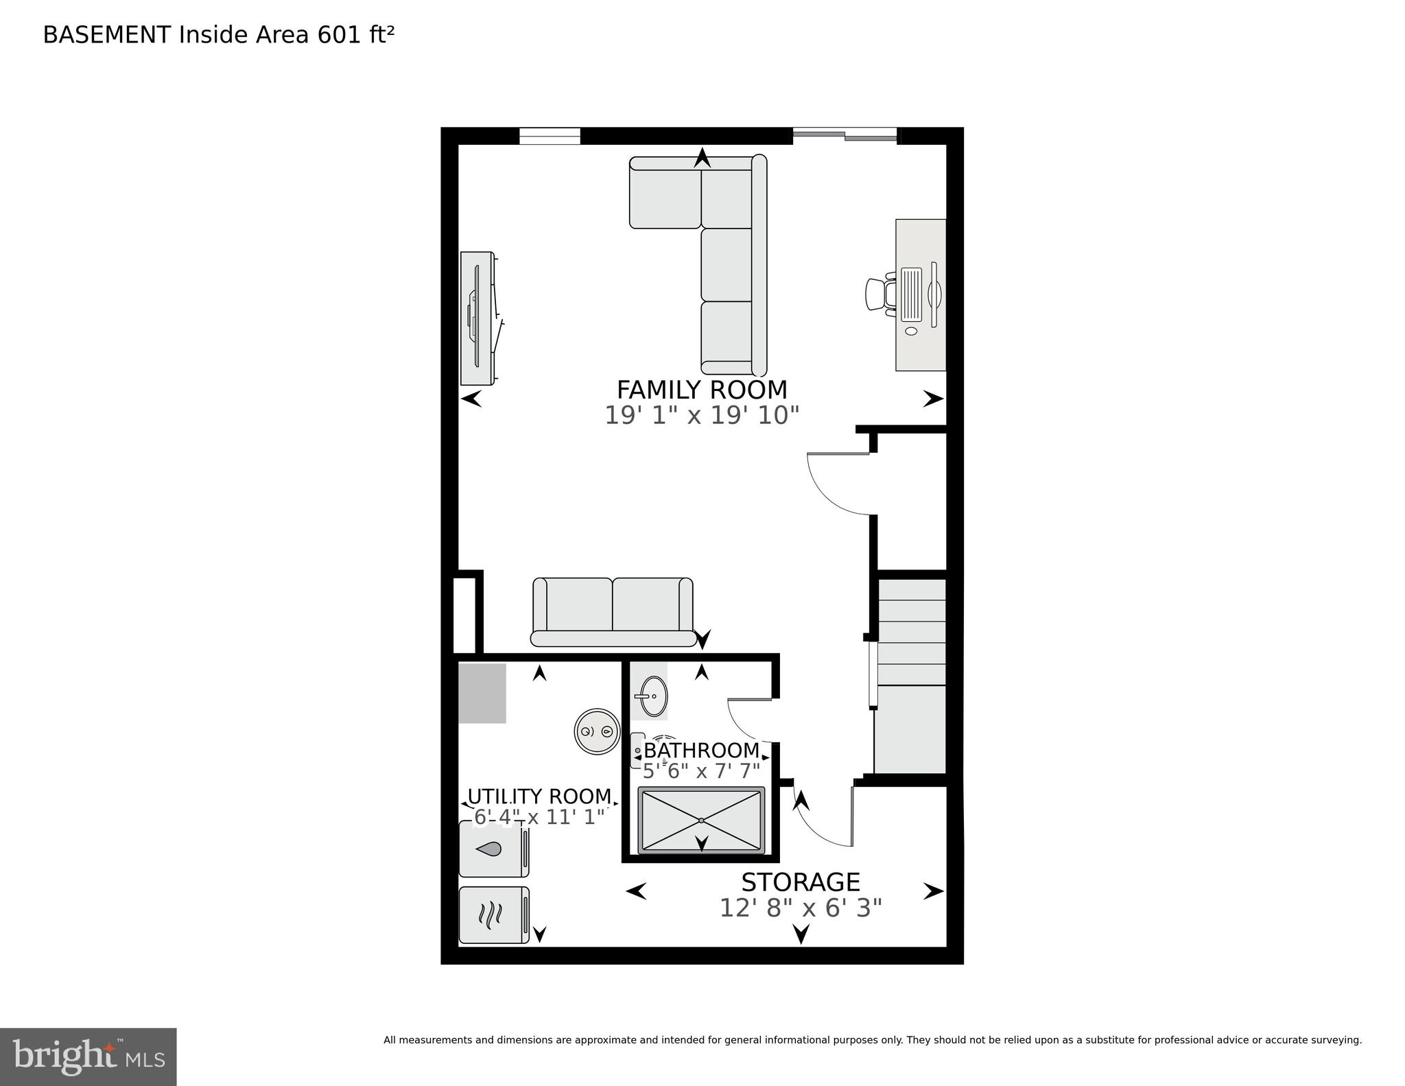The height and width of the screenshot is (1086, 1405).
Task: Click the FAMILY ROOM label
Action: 701,390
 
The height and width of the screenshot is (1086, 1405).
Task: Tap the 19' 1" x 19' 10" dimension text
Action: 701,415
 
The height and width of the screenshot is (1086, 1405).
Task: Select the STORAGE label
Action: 800,882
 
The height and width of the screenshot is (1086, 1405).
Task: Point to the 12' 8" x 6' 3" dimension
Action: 800,908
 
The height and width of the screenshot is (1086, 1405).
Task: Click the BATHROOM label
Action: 701,750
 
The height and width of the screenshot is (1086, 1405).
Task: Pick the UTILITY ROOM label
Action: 539,796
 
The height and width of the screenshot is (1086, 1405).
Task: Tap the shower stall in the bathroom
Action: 701,821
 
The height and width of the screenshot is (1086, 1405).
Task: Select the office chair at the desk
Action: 879,295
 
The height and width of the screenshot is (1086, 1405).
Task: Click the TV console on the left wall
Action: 477,318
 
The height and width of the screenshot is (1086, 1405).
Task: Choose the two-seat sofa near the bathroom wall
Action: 613,612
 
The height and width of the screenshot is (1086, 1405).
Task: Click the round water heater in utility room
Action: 596,731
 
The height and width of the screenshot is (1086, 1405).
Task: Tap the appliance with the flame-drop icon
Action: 493,849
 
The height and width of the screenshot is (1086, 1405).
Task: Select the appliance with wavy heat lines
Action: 493,914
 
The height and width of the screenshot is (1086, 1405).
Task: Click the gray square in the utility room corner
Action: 482,693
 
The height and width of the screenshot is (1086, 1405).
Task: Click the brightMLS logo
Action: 88,1057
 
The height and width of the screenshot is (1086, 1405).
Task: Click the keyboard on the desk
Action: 911,295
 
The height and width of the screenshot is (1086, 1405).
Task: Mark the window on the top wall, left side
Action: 550,136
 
